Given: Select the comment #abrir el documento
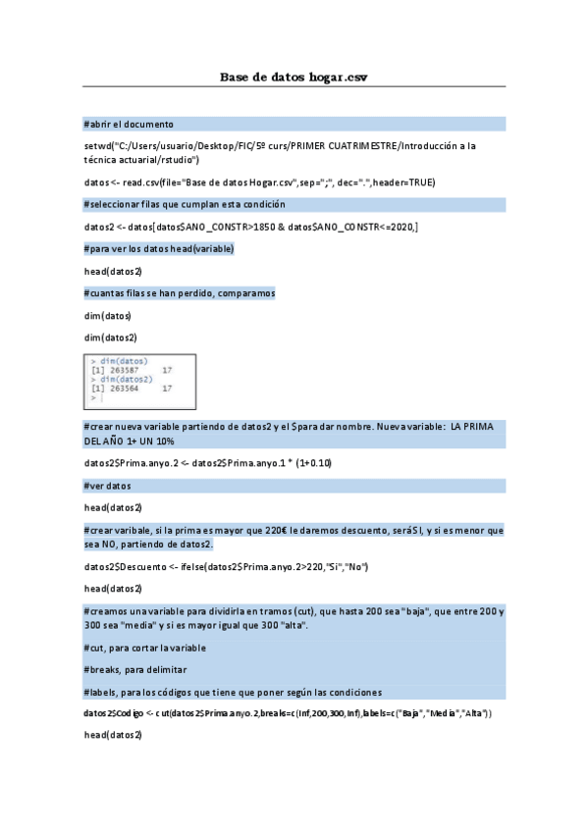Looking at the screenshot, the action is (129, 125).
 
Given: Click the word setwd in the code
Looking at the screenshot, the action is (98, 145).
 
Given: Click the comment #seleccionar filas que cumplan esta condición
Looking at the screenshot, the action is (185, 204).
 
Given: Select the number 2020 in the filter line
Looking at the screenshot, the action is (400, 227).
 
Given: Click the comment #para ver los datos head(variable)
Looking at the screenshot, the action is (159, 249).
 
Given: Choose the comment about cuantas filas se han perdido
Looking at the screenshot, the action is (180, 293).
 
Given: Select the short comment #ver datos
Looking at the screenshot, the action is (107, 486).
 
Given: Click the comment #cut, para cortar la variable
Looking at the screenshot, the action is (145, 648).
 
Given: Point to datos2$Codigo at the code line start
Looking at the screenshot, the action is (113, 713).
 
